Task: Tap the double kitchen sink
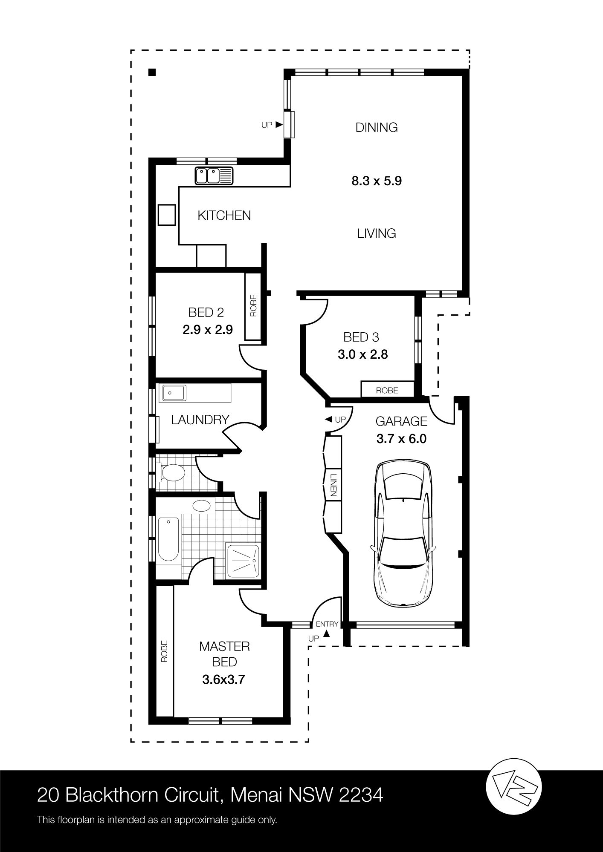coord(215,176)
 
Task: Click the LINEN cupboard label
coord(333,484)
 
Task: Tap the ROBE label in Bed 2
coord(253,305)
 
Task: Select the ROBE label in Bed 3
coord(387,390)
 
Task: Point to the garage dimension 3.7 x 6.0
coord(401,438)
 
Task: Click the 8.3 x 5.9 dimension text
coord(377,181)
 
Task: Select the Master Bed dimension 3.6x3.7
coord(223,679)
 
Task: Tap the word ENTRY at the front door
coord(327,624)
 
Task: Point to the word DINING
coord(377,127)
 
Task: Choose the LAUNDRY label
coord(200,420)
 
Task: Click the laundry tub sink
coord(173,393)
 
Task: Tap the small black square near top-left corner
coord(152,72)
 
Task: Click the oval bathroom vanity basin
coord(202,506)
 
